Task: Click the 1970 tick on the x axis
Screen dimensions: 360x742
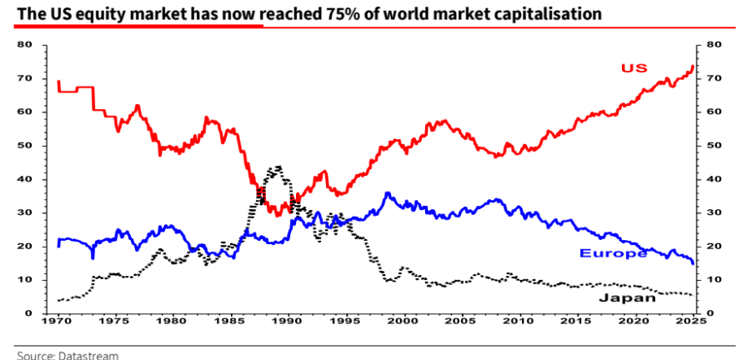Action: (x=58, y=320)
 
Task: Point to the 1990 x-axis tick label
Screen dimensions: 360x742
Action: (x=288, y=320)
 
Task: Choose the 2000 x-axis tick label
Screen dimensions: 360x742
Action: (x=404, y=320)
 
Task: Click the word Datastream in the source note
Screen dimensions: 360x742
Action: (x=88, y=355)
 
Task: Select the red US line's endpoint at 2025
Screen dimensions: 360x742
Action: (x=693, y=67)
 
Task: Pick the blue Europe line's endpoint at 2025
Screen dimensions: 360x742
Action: (x=693, y=262)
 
